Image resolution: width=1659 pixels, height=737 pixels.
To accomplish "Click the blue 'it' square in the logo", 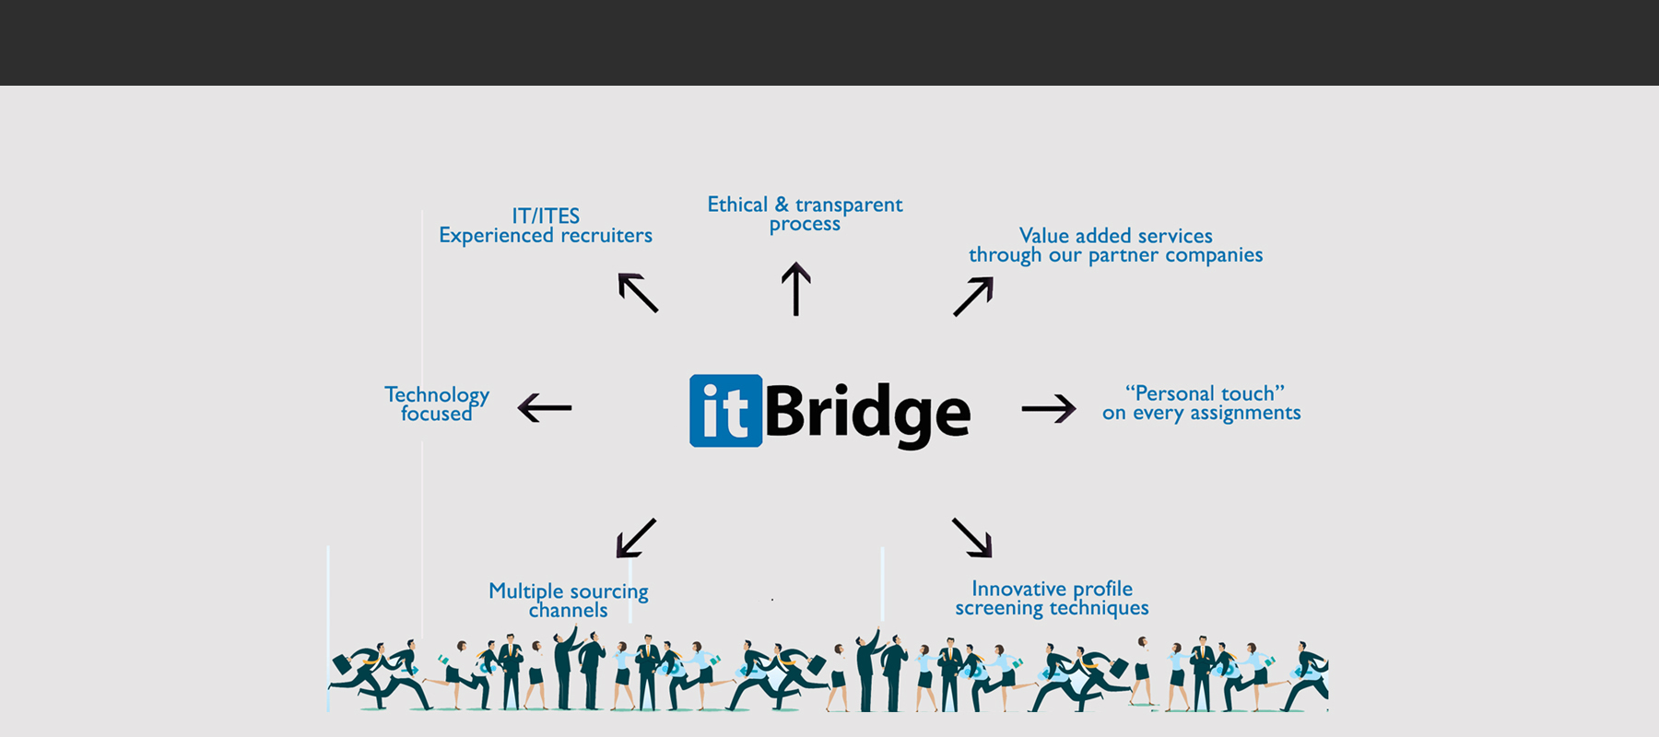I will (x=725, y=411).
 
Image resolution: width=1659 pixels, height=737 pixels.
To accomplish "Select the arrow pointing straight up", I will (x=796, y=288).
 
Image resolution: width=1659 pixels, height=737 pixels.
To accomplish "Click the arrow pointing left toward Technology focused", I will (x=545, y=407).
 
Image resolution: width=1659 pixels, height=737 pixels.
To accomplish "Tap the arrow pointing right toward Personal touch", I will (x=1049, y=407).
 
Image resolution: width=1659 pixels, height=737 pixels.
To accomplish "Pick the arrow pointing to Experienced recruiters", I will (x=638, y=293).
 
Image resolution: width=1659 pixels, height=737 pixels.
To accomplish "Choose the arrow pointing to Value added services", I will (x=973, y=297).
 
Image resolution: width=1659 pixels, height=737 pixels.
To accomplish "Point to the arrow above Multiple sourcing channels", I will (x=636, y=538).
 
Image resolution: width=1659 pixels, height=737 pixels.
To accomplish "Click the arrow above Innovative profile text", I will (x=972, y=538).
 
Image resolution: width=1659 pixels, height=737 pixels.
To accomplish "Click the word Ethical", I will (x=737, y=205).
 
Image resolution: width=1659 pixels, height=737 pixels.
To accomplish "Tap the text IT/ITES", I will (x=546, y=216).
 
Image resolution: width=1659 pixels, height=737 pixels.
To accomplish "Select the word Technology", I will (x=437, y=395).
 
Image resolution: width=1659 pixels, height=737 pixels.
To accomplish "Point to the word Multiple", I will (x=525, y=591).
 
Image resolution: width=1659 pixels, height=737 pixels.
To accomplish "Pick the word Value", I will (x=1044, y=236).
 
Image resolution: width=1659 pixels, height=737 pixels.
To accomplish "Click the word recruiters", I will (x=606, y=236).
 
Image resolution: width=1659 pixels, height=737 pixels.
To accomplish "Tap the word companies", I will (x=1214, y=255).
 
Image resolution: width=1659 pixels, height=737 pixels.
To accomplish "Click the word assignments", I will (x=1245, y=414).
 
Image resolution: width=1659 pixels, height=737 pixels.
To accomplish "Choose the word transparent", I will (x=849, y=205).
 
